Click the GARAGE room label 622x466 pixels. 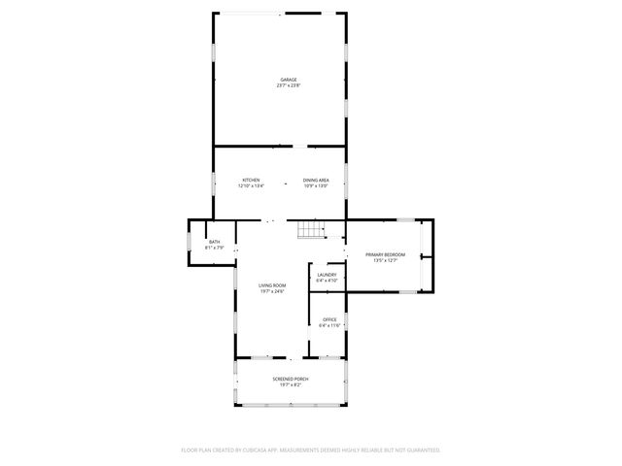coord(289,80)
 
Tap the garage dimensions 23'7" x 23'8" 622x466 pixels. coord(289,85)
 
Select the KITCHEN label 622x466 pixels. coord(251,180)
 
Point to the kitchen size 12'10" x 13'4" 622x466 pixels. coord(251,185)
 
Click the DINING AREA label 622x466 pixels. coord(316,180)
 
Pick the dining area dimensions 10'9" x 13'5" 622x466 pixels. coord(316,185)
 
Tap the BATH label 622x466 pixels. coord(214,242)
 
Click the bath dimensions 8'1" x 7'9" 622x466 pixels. coord(214,248)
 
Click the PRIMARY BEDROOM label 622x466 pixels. coord(385,254)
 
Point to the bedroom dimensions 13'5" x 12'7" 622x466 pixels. coord(385,260)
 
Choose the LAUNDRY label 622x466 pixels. coord(327,275)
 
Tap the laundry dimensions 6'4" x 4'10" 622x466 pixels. coord(327,281)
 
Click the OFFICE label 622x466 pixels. coord(330,319)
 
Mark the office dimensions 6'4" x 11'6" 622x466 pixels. coord(330,325)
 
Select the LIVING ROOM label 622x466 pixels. coord(272,285)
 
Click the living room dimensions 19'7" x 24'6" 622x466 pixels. coord(272,291)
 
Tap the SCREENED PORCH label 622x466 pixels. coord(292,379)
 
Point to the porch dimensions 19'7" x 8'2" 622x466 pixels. coord(292,384)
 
